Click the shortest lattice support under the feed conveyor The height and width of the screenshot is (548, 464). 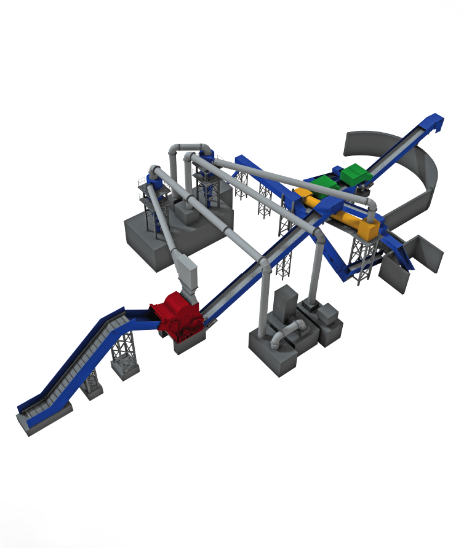(x=92, y=384)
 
